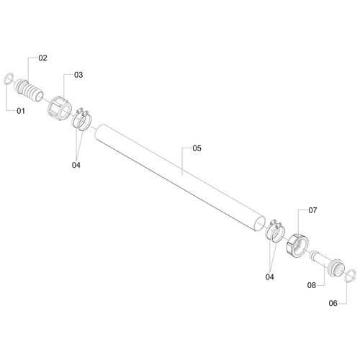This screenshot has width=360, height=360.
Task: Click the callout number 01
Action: point(21,111)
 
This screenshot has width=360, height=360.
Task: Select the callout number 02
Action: point(42,58)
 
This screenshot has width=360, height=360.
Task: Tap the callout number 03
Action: point(78,75)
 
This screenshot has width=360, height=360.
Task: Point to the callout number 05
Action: point(197,148)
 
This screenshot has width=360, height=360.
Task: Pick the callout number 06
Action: point(333,303)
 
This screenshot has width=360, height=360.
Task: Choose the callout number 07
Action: point(312,210)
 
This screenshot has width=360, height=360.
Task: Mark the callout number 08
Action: point(312,285)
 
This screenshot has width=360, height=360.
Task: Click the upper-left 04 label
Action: point(76,165)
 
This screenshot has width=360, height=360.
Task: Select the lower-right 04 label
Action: point(269,277)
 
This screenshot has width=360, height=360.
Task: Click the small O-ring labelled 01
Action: point(6,78)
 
